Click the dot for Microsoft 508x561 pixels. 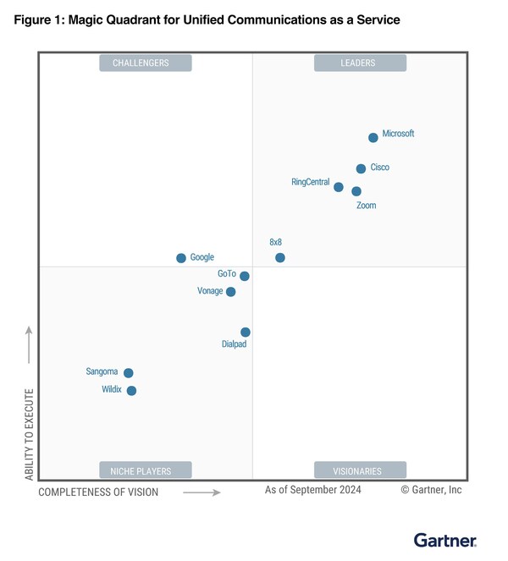[x=373, y=138]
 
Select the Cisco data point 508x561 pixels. [x=361, y=169]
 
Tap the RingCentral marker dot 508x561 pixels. [x=339, y=187]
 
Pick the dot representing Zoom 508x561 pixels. [x=356, y=191]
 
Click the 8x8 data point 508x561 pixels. [x=280, y=257]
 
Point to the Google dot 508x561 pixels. [x=181, y=258]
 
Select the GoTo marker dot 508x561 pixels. [x=245, y=276]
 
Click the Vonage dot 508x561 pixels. [x=231, y=292]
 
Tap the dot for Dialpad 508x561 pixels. [x=246, y=333]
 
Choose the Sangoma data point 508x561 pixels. [x=129, y=373]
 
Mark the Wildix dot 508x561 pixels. [x=131, y=391]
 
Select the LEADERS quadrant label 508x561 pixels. [x=360, y=63]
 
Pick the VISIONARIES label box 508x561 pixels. [x=360, y=470]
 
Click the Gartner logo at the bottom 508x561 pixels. [x=445, y=540]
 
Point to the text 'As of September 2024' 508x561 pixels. [x=312, y=490]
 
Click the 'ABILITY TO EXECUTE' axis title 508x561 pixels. [x=30, y=435]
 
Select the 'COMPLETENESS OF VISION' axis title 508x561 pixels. [x=98, y=492]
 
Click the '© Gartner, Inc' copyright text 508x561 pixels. [x=431, y=490]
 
